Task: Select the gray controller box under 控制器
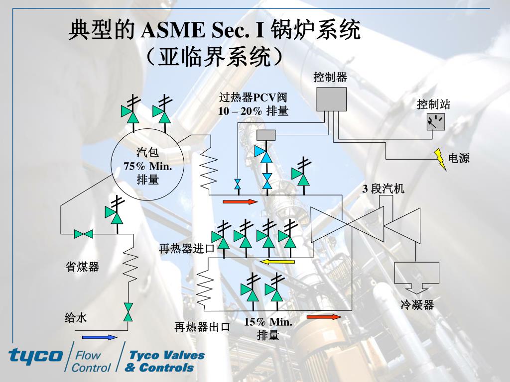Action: click(331, 98)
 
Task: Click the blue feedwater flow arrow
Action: click(100, 337)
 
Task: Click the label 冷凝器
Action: click(417, 305)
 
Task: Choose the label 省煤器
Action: click(83, 267)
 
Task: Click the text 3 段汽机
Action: click(383, 189)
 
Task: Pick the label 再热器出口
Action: click(202, 327)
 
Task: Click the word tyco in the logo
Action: click(35, 355)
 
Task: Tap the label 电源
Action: click(459, 158)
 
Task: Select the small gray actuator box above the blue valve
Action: click(266, 135)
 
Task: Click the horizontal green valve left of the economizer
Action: click(84, 234)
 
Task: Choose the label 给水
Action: click(76, 317)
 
